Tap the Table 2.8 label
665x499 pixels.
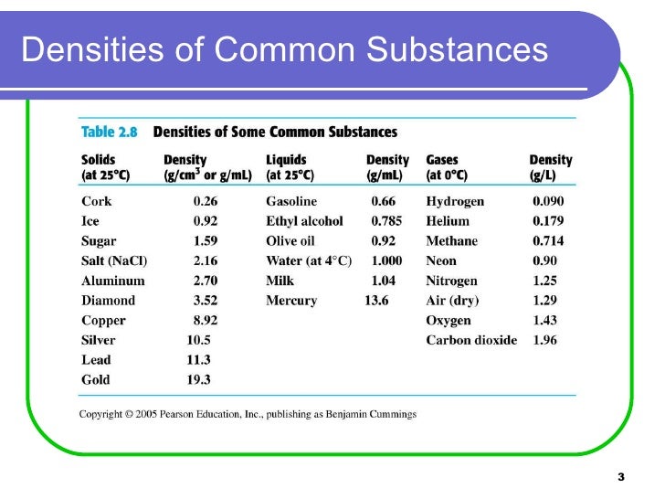point(109,132)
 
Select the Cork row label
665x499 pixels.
point(96,201)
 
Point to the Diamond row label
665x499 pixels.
point(108,301)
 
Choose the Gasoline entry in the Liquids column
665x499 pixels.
point(291,201)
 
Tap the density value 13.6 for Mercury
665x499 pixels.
point(376,301)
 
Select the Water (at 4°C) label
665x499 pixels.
point(309,260)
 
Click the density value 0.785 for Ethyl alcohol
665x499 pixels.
point(386,221)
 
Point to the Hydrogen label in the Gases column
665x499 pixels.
point(455,201)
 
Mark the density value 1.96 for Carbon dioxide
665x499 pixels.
point(548,340)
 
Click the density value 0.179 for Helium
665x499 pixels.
point(548,221)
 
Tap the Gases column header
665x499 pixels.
point(442,160)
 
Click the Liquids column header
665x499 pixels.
point(287,160)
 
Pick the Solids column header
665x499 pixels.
point(99,160)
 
